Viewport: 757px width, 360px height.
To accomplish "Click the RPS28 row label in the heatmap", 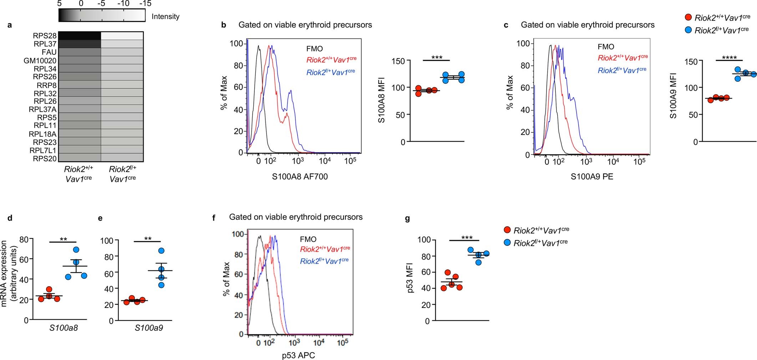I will point(45,36).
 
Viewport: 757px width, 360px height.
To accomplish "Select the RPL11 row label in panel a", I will point(45,125).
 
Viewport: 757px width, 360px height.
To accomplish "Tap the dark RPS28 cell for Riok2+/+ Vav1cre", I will point(80,36).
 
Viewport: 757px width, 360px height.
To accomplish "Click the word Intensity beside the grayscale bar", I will point(165,16).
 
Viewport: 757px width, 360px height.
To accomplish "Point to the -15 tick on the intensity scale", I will point(145,4).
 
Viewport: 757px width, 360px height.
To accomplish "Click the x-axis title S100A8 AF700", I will point(300,177).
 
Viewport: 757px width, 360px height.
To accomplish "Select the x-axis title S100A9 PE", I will point(592,177).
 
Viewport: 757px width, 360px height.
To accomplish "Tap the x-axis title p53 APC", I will point(298,355).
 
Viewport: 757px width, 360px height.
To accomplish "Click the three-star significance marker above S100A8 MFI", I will point(437,57).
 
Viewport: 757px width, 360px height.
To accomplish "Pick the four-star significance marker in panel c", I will point(729,57).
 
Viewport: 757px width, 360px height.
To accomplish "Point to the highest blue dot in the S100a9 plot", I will point(161,251).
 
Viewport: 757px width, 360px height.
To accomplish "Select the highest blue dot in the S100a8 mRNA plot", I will point(76,250).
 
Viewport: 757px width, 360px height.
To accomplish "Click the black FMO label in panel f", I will point(308,239).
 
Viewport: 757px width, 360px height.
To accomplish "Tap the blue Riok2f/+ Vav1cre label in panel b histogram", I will point(331,72).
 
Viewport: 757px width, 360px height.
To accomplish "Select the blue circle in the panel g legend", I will point(507,243).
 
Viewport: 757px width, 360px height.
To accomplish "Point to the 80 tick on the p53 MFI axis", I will point(425,256).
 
